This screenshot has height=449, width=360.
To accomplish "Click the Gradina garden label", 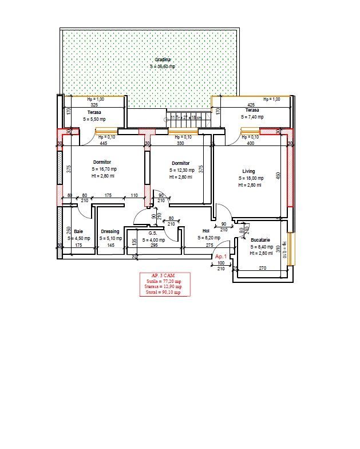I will click(163, 60).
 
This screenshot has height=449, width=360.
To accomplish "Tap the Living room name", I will click(248, 171).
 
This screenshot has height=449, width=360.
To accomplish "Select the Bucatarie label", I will click(260, 240).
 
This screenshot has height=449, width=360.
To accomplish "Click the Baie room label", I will click(78, 231).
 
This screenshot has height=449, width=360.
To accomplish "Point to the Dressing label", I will click(110, 231).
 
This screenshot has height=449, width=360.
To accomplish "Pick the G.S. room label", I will click(153, 233).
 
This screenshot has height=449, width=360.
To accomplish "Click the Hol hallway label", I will click(205, 231).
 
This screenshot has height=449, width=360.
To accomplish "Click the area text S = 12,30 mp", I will click(181, 170).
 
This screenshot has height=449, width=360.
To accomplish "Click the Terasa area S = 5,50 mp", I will click(94, 119).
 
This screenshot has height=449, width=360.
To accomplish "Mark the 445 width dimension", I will click(104, 143).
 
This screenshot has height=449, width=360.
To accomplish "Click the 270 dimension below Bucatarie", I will click(263, 268).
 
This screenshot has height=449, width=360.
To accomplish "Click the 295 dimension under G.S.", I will click(153, 245).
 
